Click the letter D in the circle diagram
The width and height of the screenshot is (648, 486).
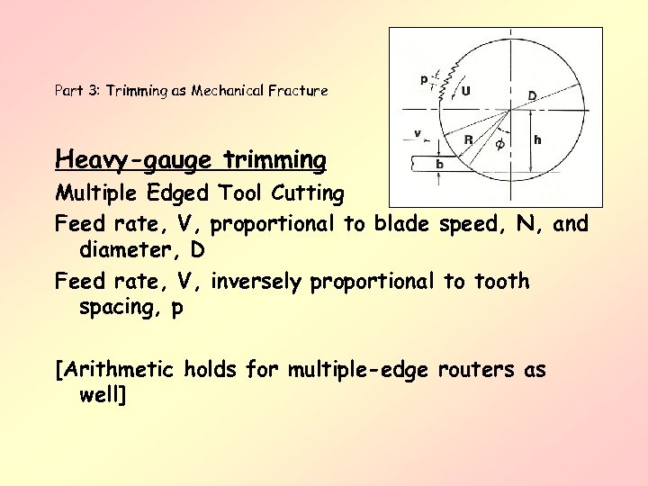pos(533,95)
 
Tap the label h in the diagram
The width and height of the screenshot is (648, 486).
pos(537,139)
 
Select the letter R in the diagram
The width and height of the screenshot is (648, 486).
pos(468,139)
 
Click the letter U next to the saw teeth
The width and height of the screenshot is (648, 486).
pos(465,90)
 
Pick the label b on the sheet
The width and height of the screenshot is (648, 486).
pos(439,165)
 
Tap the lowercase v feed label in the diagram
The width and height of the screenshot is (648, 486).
pos(418,133)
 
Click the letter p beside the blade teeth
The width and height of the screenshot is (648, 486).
pos(423,79)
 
